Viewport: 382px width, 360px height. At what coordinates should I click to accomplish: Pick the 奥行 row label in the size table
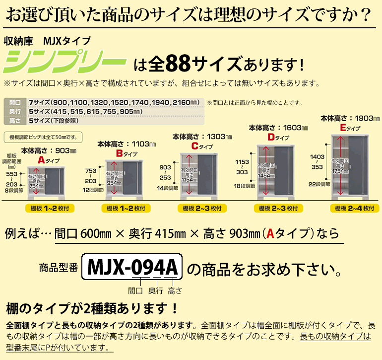click(x=15, y=111)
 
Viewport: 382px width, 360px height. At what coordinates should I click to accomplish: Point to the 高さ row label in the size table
click(x=15, y=120)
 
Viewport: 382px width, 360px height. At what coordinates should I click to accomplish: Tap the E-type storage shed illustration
click(x=353, y=164)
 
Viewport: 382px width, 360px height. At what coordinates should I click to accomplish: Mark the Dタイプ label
click(x=279, y=137)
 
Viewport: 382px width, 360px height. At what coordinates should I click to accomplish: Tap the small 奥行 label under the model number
click(x=156, y=290)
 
